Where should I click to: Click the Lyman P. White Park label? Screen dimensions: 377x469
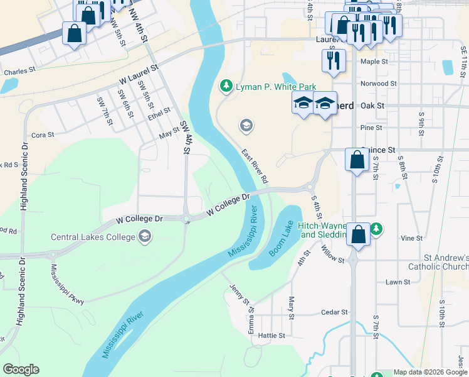coord(275,87)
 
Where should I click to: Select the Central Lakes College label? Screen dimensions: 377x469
coord(93,237)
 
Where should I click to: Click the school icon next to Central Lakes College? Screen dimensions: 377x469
coord(145,236)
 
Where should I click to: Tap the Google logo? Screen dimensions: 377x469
coord(21,369)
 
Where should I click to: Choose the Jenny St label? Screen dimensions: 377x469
coord(240,293)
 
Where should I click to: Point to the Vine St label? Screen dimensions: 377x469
coord(411,238)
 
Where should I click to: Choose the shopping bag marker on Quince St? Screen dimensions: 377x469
coord(357,160)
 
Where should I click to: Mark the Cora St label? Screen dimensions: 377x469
coord(43,134)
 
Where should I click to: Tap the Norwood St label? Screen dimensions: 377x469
coord(379,83)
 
